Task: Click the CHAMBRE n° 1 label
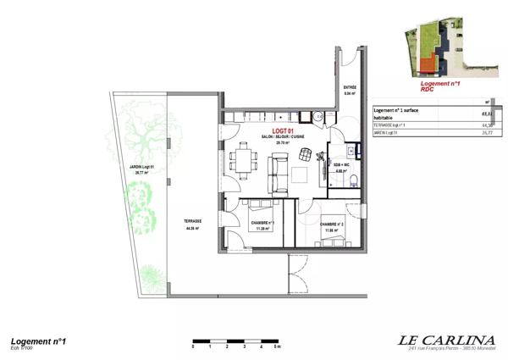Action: click(258, 224)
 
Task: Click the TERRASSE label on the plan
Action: click(195, 223)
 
